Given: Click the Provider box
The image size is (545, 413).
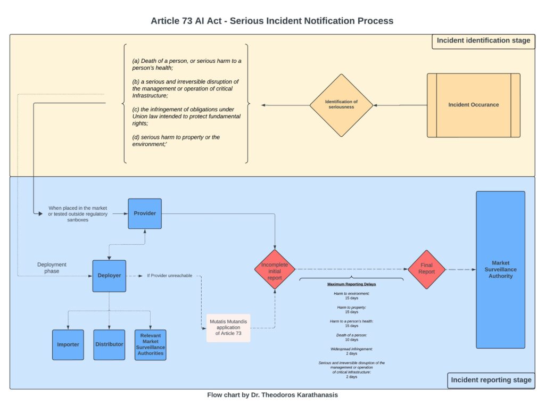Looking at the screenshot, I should pyautogui.click(x=145, y=213).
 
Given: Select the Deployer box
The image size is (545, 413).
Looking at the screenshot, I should pyautogui.click(x=109, y=276).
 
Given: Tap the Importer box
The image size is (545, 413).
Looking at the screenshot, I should pyautogui.click(x=68, y=344).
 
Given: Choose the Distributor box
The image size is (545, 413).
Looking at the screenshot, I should pyautogui.click(x=109, y=344).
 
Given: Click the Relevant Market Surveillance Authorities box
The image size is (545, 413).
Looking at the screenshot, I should pyautogui.click(x=150, y=344).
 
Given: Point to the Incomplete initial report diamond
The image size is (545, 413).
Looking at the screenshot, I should pyautogui.click(x=275, y=269).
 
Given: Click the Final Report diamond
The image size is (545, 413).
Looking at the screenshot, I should pyautogui.click(x=426, y=269).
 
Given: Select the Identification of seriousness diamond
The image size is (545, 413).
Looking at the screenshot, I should pyautogui.click(x=341, y=105).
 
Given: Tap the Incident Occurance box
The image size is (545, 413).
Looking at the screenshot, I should pyautogui.click(x=473, y=105).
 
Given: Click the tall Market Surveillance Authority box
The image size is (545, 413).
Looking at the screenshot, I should pyautogui.click(x=500, y=269).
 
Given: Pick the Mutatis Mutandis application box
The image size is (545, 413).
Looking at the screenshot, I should pyautogui.click(x=228, y=328).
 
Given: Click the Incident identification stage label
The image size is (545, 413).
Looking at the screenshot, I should pyautogui.click(x=483, y=41).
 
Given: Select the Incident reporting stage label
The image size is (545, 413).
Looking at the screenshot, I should pyautogui.click(x=491, y=380).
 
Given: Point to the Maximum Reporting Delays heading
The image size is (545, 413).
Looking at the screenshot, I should pyautogui.click(x=351, y=284).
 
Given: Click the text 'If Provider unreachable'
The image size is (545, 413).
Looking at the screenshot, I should pyautogui.click(x=169, y=276).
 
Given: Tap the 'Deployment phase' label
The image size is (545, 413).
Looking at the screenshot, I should pyautogui.click(x=52, y=268).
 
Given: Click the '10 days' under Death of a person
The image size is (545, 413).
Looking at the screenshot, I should pyautogui.click(x=351, y=340).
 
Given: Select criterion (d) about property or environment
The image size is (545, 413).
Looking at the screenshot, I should pyautogui.click(x=176, y=141).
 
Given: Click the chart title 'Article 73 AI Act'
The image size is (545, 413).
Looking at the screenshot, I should pyautogui.click(x=272, y=21).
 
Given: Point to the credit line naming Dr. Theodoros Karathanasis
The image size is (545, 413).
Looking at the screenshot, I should pyautogui.click(x=272, y=395).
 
